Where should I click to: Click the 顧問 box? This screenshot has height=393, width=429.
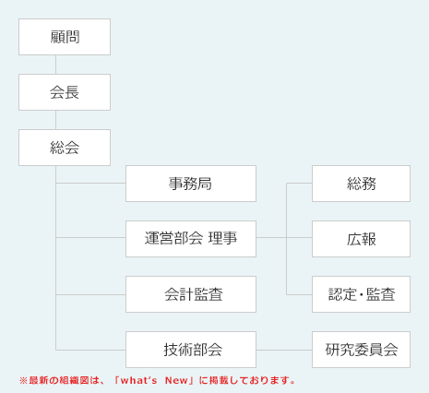coord(65,37)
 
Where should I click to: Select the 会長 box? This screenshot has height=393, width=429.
coord(65,92)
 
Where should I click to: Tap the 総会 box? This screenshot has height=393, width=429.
coord(65,148)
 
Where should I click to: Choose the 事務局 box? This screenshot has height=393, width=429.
coord(190,184)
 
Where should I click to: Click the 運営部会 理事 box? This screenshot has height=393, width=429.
coord(190,239)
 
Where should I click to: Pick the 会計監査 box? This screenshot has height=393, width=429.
coord(190,294)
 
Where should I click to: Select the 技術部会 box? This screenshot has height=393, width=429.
coord(190,350)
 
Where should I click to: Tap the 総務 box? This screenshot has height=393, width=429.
coord(361,184)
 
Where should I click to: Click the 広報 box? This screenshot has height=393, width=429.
coord(361,239)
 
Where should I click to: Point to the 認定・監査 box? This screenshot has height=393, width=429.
coord(361,294)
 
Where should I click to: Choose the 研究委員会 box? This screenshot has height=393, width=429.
coord(361,350)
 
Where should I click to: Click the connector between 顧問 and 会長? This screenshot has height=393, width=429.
coord(56,65)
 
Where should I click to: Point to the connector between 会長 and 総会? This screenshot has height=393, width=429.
coord(56,120)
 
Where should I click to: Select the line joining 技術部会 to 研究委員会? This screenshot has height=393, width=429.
coord(283,350)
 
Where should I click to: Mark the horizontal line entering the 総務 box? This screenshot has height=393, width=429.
coord(300,184)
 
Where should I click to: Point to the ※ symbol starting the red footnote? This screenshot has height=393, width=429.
coord(22,380)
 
